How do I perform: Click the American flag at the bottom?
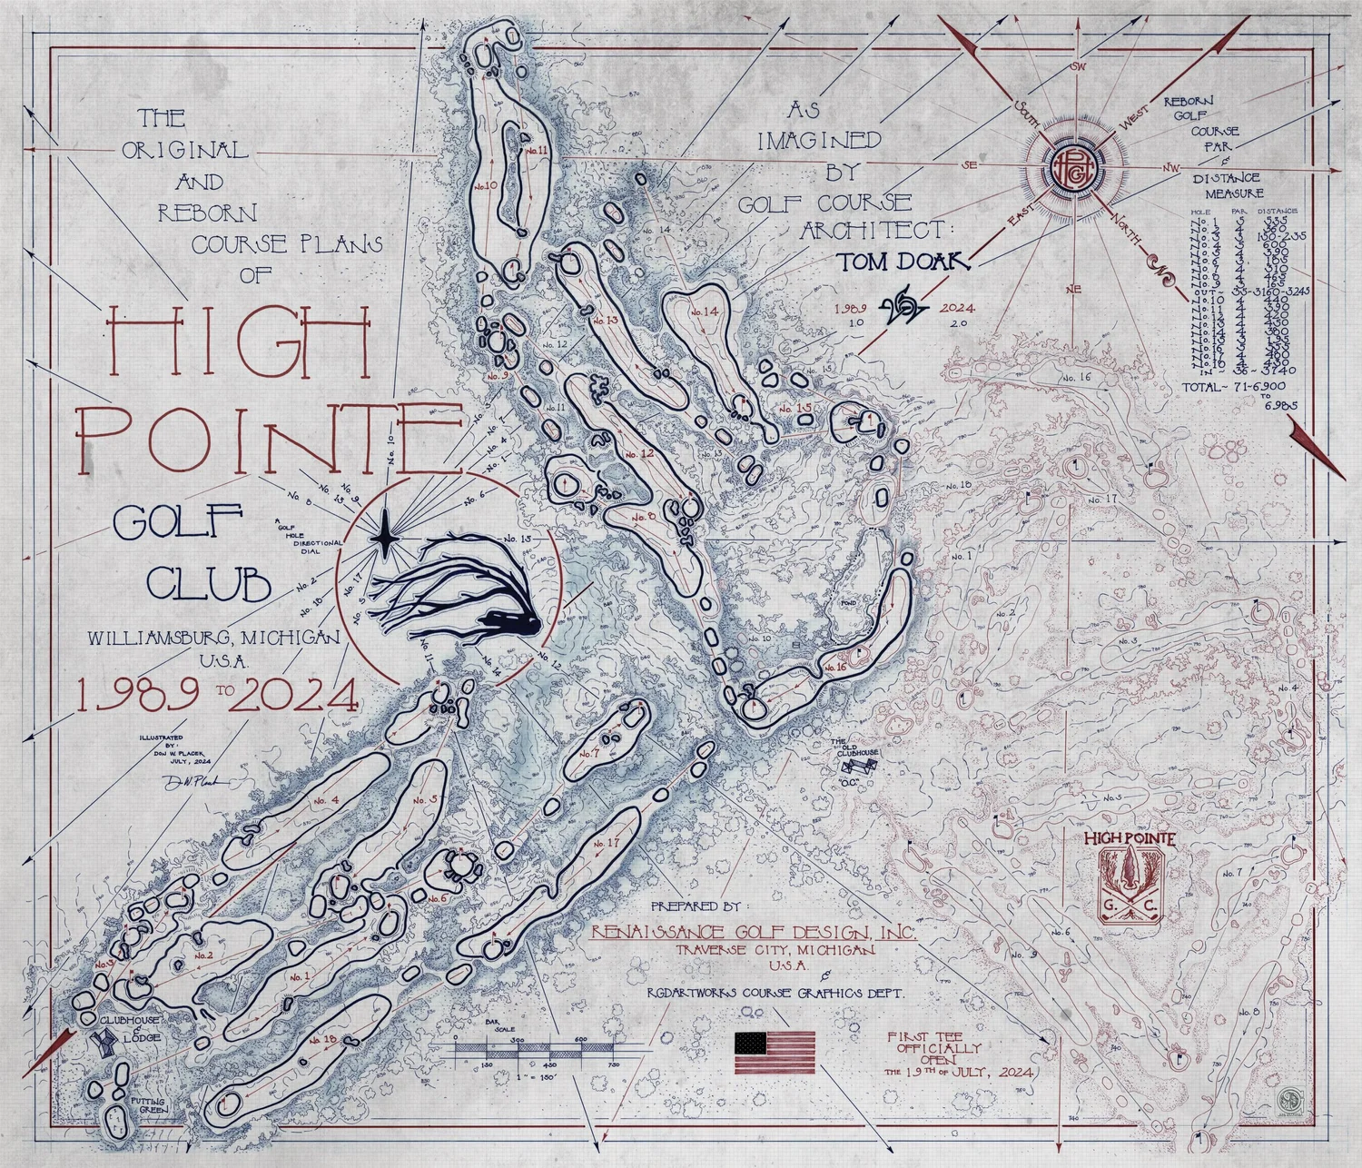pos(775,1053)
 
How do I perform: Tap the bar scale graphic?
pos(534,1049)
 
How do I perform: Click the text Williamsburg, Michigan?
pos(214,638)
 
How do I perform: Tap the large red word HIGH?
pos(241,341)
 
